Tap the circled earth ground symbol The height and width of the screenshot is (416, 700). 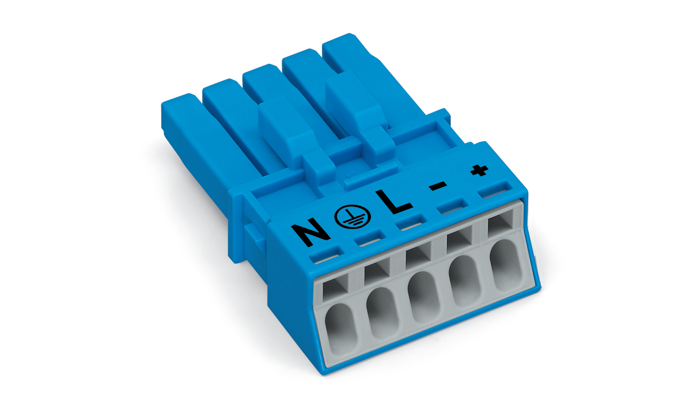pyautogui.click(x=352, y=217)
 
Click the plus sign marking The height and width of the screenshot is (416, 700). pyautogui.click(x=480, y=171)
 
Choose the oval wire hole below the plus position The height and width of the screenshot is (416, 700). pyautogui.click(x=505, y=265)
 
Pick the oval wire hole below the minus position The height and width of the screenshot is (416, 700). pyautogui.click(x=465, y=281)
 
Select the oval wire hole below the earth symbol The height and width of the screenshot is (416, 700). pyautogui.click(x=383, y=313)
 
